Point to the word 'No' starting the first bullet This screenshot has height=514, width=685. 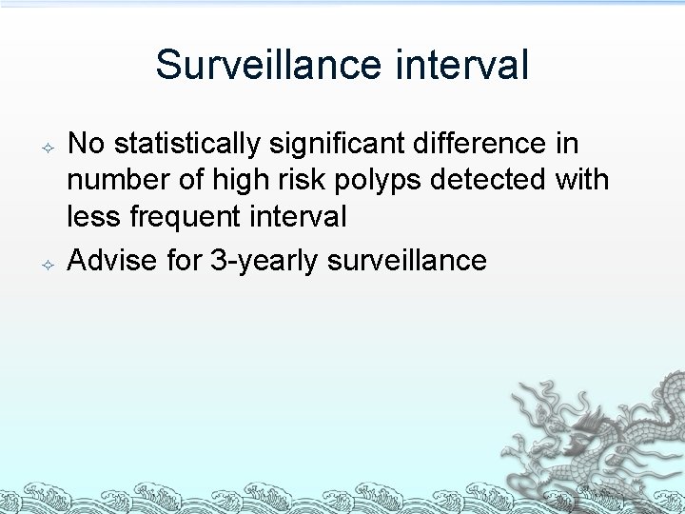click(x=87, y=144)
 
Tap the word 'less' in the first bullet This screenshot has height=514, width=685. click(x=90, y=216)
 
